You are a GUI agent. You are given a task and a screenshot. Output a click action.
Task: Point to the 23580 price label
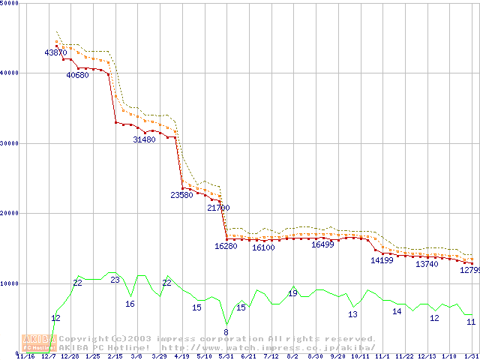(x=181, y=195)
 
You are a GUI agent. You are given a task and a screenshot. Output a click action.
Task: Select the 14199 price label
(x=382, y=261)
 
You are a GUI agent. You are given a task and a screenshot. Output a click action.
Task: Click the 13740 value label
(x=427, y=264)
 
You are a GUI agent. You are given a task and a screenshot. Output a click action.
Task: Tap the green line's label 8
(x=226, y=331)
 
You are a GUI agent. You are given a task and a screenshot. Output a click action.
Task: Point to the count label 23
(x=115, y=280)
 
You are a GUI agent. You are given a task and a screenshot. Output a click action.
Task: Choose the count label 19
(x=292, y=293)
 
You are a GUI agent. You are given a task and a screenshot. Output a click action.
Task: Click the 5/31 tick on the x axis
(x=226, y=355)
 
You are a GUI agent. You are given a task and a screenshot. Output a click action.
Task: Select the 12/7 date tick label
(x=48, y=355)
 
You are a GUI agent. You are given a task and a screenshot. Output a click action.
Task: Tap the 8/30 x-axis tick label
(x=316, y=355)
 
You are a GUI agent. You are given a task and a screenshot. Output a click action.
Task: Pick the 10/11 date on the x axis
(x=361, y=355)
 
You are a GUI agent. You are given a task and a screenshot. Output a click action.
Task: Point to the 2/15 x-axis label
(x=115, y=355)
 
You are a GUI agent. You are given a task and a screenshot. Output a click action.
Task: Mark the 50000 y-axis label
(x=10, y=3)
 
